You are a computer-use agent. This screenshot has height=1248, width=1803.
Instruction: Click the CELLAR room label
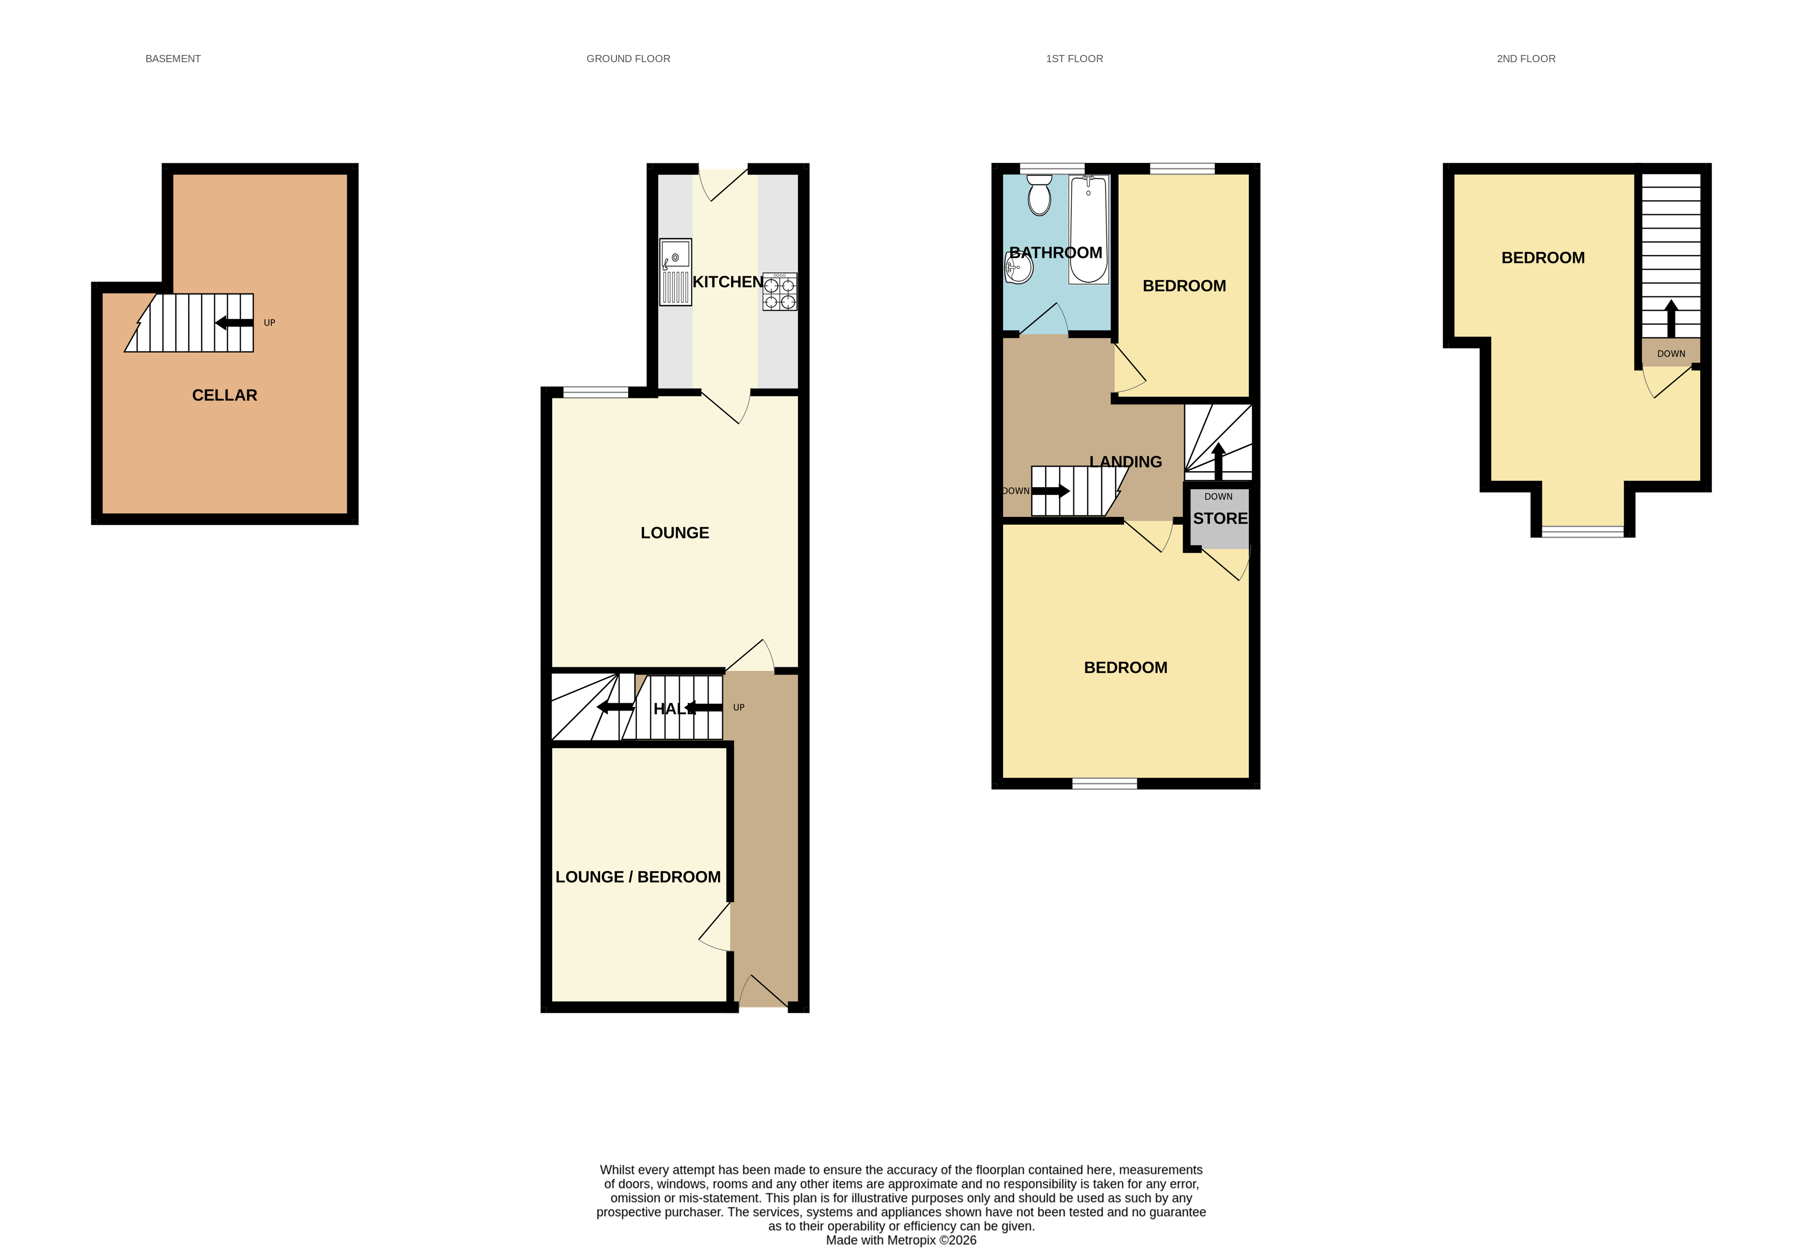pyautogui.click(x=225, y=396)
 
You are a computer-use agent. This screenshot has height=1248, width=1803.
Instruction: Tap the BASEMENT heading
pyautogui.click(x=173, y=59)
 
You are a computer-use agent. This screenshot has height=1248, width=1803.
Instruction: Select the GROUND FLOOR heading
pyautogui.click(x=628, y=59)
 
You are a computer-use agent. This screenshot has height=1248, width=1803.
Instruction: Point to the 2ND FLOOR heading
pyautogui.click(x=1525, y=59)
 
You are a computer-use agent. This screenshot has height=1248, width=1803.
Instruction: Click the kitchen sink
pyautogui.click(x=675, y=271)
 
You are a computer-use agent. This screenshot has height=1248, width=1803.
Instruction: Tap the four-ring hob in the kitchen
pyautogui.click(x=780, y=292)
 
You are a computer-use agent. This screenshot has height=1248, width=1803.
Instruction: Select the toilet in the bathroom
pyautogui.click(x=1039, y=195)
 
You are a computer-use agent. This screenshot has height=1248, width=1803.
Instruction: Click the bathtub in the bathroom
pyautogui.click(x=1088, y=229)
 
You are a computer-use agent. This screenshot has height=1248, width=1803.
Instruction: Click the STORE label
pyautogui.click(x=1219, y=518)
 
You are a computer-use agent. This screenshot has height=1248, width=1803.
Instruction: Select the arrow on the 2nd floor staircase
pyautogui.click(x=1671, y=318)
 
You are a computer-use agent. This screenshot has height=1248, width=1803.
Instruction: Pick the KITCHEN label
pyautogui.click(x=727, y=282)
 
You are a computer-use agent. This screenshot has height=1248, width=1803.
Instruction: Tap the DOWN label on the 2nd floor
pyautogui.click(x=1671, y=353)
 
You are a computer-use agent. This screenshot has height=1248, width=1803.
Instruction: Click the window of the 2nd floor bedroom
pyautogui.click(x=1582, y=532)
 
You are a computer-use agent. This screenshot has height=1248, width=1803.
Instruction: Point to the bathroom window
pyautogui.click(x=1052, y=168)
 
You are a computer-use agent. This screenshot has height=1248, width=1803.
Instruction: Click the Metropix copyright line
pyautogui.click(x=901, y=1239)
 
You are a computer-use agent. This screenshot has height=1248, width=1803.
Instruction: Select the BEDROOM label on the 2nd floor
pyautogui.click(x=1542, y=258)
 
